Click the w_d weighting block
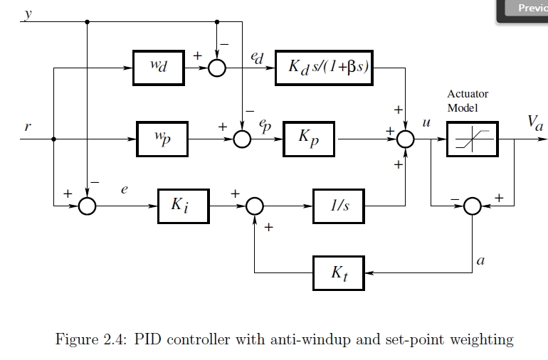(159, 68)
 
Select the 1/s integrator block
(339, 206)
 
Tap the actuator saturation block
(472, 139)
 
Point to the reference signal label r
(27, 128)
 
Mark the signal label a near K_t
(480, 261)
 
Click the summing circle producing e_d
(216, 68)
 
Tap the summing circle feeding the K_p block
(242, 139)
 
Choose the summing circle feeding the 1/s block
(254, 206)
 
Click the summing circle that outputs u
(405, 139)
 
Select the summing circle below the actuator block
(472, 206)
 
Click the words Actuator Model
(468, 100)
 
